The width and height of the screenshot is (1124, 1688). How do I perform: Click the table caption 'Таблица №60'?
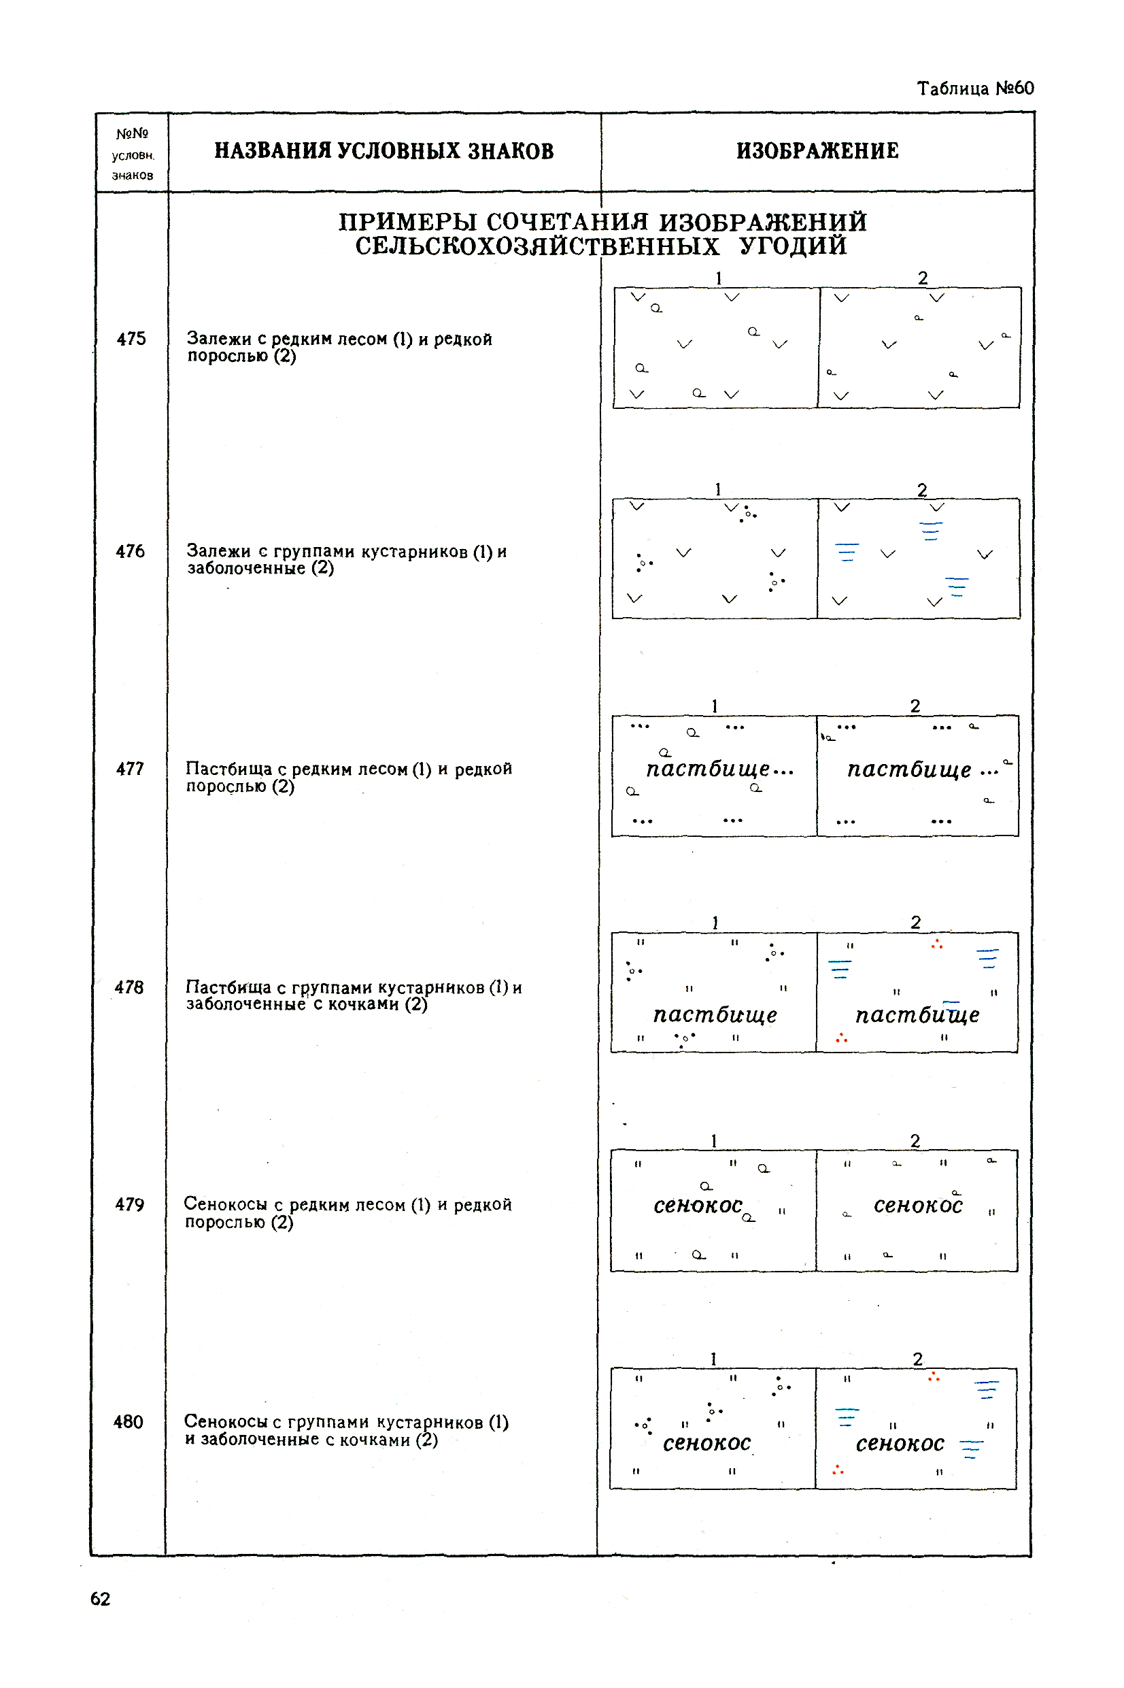974,88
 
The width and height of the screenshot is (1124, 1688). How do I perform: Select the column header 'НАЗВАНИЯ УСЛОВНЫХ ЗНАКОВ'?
384,151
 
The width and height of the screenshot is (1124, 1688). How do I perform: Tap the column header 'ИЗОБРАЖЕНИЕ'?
817,151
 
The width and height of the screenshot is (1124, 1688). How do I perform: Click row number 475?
131,338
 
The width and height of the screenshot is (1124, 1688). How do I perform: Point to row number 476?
130,550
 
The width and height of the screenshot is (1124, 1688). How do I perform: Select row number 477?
130,769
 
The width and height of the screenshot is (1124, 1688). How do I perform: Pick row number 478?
129,987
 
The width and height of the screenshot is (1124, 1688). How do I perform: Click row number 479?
130,1205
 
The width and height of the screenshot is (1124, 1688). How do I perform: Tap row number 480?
129,1422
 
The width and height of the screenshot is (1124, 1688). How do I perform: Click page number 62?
101,1598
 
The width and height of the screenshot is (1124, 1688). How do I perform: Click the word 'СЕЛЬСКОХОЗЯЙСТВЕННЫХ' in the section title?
537,247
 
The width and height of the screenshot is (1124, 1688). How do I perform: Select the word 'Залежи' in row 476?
218,550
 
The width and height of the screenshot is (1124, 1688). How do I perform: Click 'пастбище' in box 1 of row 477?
708,769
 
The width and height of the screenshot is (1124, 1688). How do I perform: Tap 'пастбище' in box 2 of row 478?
917,1014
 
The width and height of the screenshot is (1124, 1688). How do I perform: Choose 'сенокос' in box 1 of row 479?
698,1206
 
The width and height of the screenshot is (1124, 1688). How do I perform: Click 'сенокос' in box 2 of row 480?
900,1443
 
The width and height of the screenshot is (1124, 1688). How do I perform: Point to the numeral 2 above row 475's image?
923,278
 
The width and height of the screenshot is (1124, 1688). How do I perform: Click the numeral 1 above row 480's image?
713,1359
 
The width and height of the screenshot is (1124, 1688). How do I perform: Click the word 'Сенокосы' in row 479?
225,1204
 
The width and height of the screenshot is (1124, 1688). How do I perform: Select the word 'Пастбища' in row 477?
228,769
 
